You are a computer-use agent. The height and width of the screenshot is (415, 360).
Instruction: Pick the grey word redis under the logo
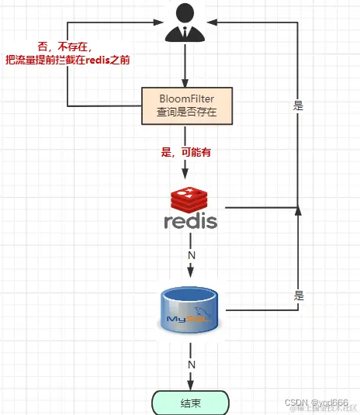191,222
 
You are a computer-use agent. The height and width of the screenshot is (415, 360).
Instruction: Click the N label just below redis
191,254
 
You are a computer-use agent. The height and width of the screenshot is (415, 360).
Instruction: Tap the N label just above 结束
190,364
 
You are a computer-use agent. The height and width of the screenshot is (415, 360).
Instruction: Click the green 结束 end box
190,402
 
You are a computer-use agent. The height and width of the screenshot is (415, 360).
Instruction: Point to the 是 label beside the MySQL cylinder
299,296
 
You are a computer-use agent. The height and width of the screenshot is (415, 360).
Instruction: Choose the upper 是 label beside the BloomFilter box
299,106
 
